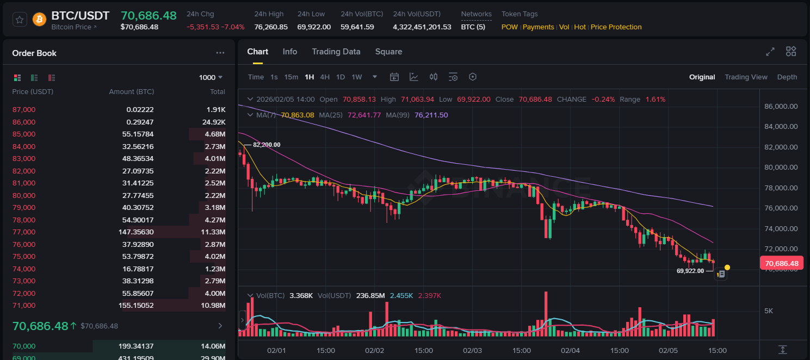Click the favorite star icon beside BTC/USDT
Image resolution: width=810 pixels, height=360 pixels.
(20, 20)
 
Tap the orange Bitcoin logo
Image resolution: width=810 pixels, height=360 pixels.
(39, 20)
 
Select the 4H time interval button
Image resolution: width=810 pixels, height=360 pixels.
(325, 77)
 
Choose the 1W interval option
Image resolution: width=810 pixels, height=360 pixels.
(357, 77)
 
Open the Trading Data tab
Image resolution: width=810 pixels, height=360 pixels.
(336, 52)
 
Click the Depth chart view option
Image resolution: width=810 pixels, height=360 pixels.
(787, 77)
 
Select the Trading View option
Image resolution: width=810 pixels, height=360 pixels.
(746, 77)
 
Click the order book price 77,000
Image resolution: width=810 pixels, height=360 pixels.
(24, 232)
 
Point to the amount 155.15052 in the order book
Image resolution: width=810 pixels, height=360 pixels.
(138, 306)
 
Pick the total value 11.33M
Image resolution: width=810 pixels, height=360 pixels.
(215, 232)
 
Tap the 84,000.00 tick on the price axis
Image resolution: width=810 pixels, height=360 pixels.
(781, 127)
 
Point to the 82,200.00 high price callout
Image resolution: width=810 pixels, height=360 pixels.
(267, 145)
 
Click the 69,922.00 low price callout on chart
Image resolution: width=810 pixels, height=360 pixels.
(690, 270)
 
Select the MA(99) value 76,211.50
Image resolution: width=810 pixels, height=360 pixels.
(431, 115)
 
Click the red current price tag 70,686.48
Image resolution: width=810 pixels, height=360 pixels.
(781, 264)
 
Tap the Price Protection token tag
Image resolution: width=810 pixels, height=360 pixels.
(616, 27)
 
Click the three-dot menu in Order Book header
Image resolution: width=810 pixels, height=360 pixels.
(220, 53)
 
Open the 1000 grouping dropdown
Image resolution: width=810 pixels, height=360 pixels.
(211, 78)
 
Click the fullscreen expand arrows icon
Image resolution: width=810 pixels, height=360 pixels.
(770, 52)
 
